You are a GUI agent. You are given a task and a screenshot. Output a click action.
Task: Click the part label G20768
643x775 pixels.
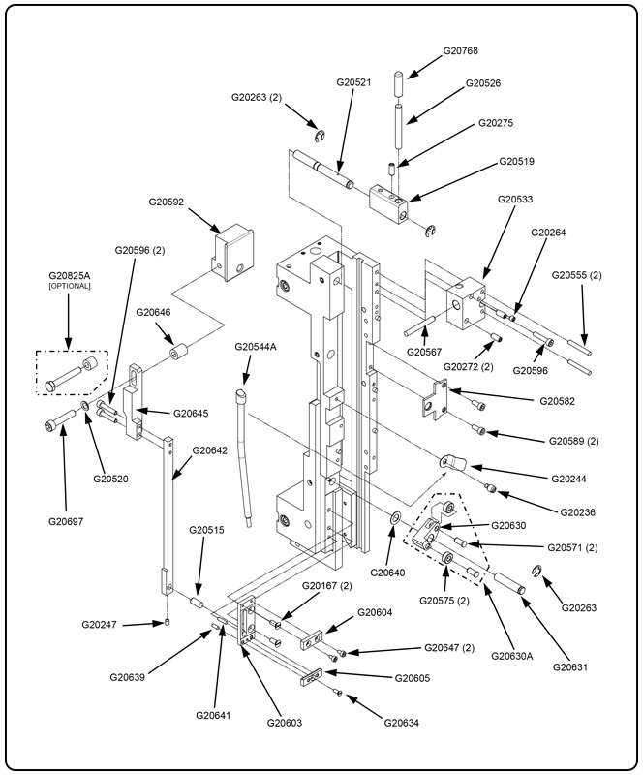pos(461,50)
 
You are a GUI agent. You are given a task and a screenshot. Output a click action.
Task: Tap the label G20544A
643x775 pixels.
pos(256,346)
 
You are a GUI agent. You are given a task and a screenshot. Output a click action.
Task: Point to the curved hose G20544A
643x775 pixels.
pos(246,455)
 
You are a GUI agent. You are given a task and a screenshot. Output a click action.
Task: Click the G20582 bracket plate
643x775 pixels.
pos(437,399)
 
